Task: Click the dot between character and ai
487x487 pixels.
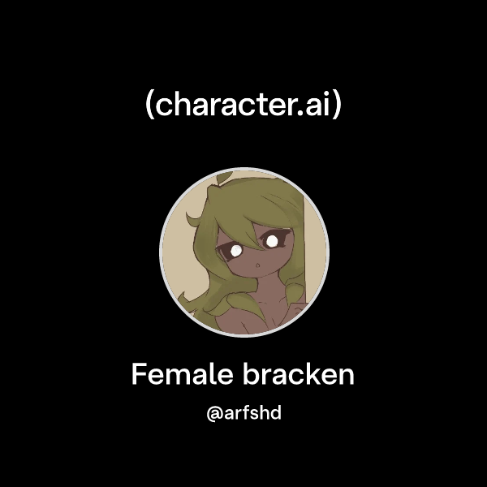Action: pyautogui.click(x=302, y=114)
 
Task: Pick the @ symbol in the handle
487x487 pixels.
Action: pyautogui.click(x=214, y=415)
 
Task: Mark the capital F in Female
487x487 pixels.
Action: pyautogui.click(x=139, y=375)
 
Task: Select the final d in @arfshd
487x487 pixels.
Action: pyautogui.click(x=275, y=414)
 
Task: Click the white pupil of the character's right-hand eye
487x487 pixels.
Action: pyautogui.click(x=274, y=240)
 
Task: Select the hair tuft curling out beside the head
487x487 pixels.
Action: pyautogui.click(x=192, y=219)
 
